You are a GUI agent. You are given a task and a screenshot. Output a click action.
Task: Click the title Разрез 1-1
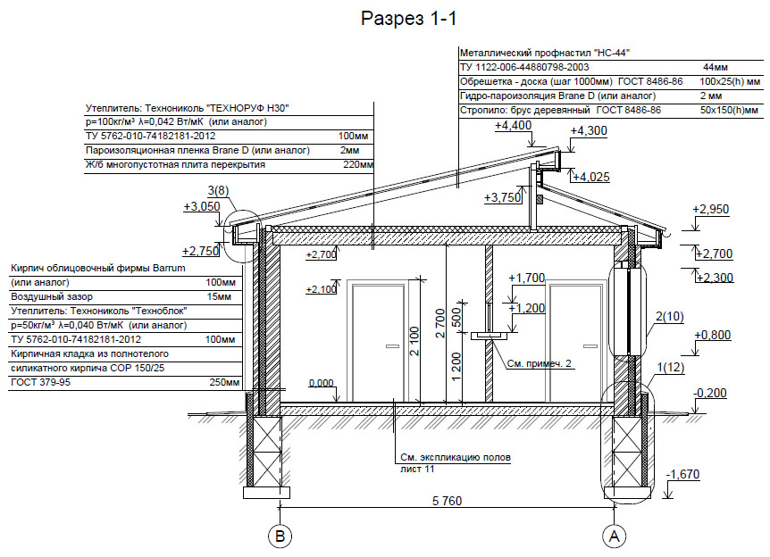[x=408, y=19]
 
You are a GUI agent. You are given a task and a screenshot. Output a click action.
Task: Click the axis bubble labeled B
[x=280, y=536]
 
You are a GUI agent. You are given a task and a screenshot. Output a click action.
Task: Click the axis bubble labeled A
[x=614, y=536]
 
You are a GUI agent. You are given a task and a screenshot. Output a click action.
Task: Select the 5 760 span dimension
[x=447, y=501]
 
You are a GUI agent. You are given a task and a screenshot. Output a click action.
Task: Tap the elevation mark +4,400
[x=513, y=126]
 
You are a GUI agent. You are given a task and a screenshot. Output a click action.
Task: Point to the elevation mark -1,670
[x=682, y=475]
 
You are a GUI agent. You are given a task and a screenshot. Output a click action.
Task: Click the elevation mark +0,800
[x=713, y=335]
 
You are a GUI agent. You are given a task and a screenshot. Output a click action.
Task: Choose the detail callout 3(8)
[x=218, y=190]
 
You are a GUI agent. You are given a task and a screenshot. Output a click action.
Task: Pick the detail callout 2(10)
[x=670, y=317]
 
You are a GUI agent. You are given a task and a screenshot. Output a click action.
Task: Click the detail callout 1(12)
[x=670, y=367]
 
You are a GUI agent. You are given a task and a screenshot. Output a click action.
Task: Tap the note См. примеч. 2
[x=540, y=363]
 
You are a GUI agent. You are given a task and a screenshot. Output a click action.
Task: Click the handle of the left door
[x=392, y=346]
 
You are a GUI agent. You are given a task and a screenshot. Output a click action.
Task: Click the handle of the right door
[x=590, y=346]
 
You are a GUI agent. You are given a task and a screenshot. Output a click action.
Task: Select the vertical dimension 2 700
[x=440, y=323]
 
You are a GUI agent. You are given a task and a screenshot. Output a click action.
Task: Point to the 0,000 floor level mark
[x=322, y=383]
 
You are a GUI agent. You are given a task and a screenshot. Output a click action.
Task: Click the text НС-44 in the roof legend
[x=612, y=53]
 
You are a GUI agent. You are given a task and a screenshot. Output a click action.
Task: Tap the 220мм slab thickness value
[x=358, y=165]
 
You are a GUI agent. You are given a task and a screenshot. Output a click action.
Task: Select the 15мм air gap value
[x=219, y=296]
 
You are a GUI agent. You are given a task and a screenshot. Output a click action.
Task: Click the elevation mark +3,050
[x=202, y=206]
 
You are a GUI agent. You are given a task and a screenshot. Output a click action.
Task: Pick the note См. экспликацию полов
[x=456, y=457]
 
